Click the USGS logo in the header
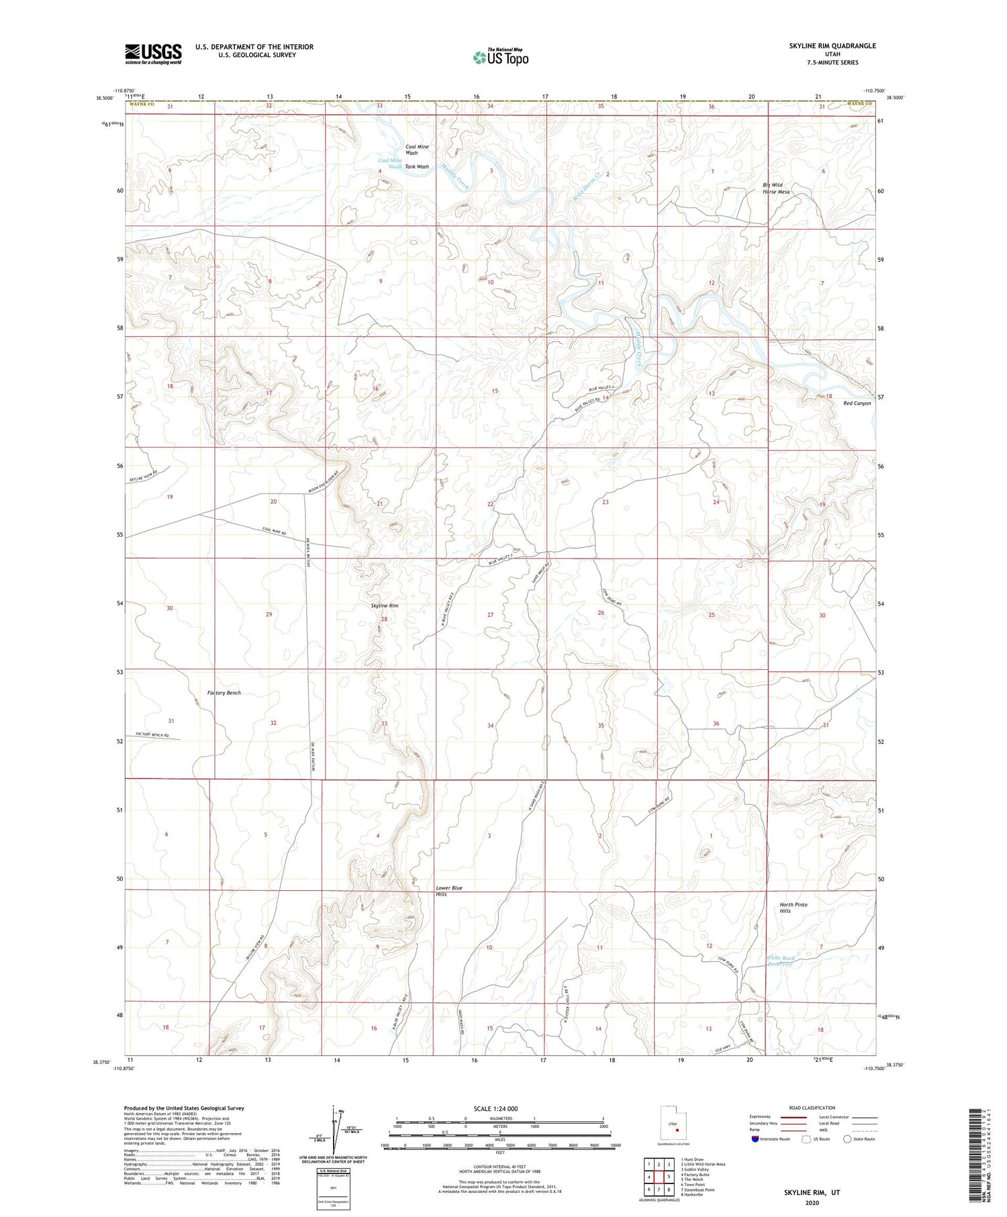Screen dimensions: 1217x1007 [153, 54]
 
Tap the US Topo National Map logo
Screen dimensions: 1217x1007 [500, 57]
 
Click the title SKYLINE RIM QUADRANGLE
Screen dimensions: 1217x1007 [832, 46]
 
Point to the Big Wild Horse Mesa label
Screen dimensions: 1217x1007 [776, 188]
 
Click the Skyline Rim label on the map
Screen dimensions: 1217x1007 [385, 605]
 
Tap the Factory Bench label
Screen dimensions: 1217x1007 [224, 693]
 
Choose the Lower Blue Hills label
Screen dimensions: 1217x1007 [449, 891]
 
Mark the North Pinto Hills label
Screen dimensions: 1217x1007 [794, 908]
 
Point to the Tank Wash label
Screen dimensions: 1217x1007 [416, 166]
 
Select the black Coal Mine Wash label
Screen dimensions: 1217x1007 [417, 150]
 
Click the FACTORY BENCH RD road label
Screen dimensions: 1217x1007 [152, 736]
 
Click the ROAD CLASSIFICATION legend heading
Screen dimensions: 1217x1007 [812, 1108]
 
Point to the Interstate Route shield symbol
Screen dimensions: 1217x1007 [755, 1139]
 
